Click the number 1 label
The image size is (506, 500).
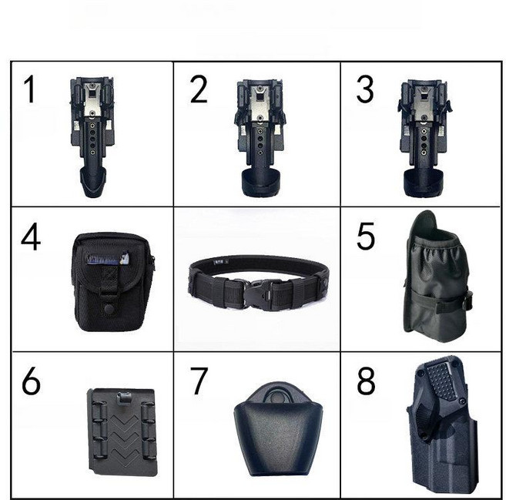click(30, 89)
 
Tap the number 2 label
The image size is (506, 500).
click(199, 89)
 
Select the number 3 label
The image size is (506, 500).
click(365, 89)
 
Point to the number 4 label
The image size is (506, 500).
click(31, 237)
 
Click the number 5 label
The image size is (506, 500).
click(366, 236)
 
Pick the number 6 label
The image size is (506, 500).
click(31, 381)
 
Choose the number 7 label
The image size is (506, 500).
click(199, 381)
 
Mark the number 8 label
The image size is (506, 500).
click(366, 381)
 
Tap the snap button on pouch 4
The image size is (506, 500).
click(109, 309)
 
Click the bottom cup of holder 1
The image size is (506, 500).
click(92, 182)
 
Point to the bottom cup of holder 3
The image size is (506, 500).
click(423, 182)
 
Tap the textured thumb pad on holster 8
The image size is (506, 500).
click(441, 380)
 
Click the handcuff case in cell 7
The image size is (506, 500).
click(278, 429)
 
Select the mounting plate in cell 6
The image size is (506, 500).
click(122, 431)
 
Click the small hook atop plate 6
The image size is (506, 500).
click(124, 397)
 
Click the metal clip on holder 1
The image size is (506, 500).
click(92, 99)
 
